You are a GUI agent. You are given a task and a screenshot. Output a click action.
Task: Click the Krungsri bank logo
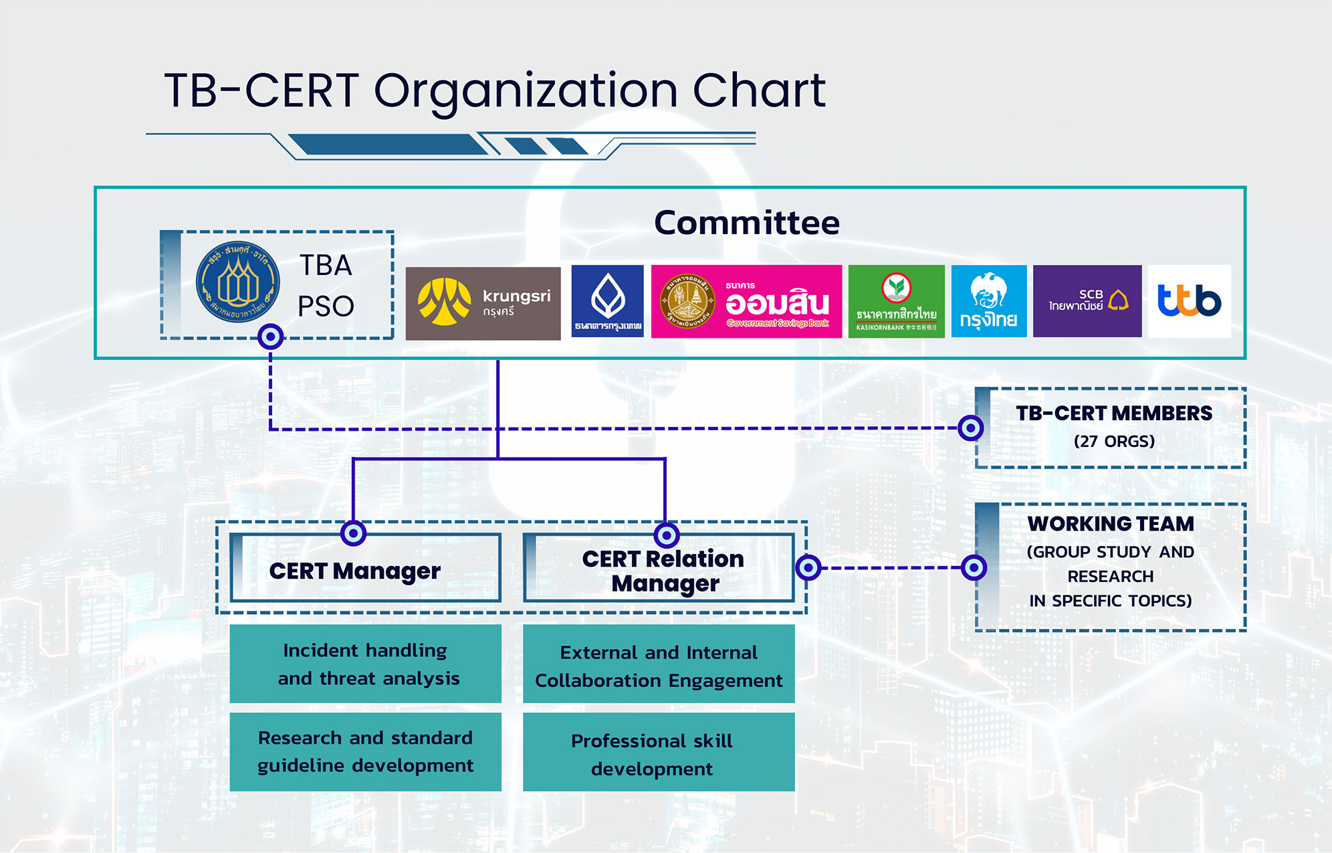pyautogui.click(x=483, y=303)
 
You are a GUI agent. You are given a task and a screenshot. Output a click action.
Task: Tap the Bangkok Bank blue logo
pyautogui.click(x=607, y=301)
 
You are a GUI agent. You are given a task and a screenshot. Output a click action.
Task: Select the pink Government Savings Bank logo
pyautogui.click(x=746, y=301)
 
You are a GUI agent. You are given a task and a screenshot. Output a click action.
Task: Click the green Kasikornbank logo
pyautogui.click(x=896, y=301)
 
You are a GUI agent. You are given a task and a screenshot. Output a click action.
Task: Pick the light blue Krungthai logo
pyautogui.click(x=988, y=301)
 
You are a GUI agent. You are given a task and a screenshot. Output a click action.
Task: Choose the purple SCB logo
pyautogui.click(x=1087, y=301)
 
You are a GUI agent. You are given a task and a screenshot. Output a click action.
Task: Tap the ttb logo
pyautogui.click(x=1189, y=301)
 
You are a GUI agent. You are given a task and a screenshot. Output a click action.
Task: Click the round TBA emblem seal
pyautogui.click(x=237, y=282)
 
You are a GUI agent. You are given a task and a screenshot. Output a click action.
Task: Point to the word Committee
pyautogui.click(x=746, y=223)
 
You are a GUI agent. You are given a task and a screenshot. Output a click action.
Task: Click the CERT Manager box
pyautogui.click(x=365, y=569)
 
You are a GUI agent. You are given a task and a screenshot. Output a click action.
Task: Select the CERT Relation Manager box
pyautogui.click(x=659, y=569)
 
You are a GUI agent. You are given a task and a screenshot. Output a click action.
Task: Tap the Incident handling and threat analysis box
pyautogui.click(x=365, y=664)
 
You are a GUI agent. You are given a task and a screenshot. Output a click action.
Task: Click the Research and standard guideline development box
pyautogui.click(x=365, y=751)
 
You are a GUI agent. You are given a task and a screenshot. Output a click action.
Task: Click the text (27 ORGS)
pyautogui.click(x=1114, y=442)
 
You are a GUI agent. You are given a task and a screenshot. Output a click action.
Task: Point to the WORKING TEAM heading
pyautogui.click(x=1111, y=524)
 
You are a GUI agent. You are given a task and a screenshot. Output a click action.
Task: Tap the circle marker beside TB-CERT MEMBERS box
pyautogui.click(x=970, y=428)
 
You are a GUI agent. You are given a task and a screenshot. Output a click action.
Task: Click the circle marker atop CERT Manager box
pyautogui.click(x=353, y=533)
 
